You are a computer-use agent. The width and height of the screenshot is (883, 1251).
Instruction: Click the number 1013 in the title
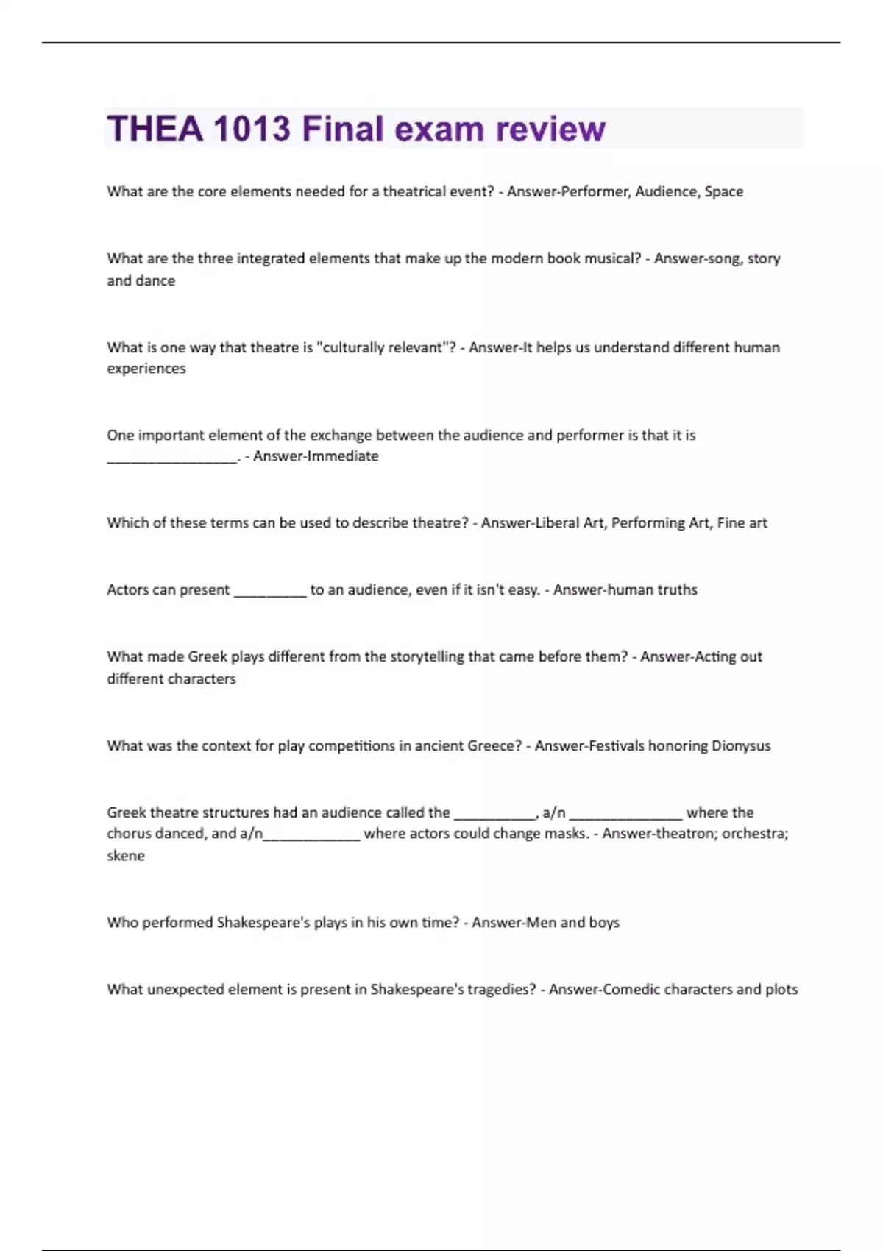[252, 129]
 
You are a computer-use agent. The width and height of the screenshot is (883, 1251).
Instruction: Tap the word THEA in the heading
[155, 129]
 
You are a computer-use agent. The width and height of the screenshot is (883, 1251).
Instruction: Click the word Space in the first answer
[724, 191]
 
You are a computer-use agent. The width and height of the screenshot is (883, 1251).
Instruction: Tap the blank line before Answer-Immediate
[172, 459]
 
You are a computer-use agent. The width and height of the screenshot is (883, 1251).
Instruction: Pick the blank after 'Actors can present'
[269, 593]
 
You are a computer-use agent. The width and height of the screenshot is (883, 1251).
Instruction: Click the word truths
[677, 589]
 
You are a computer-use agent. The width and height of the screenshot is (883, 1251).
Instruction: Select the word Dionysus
[741, 745]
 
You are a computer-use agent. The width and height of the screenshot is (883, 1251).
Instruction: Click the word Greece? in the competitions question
[494, 745]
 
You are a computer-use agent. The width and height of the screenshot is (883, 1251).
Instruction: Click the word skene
[126, 856]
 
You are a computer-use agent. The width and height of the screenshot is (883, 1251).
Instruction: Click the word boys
[604, 923]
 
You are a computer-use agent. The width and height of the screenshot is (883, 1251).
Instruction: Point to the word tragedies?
[500, 990]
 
